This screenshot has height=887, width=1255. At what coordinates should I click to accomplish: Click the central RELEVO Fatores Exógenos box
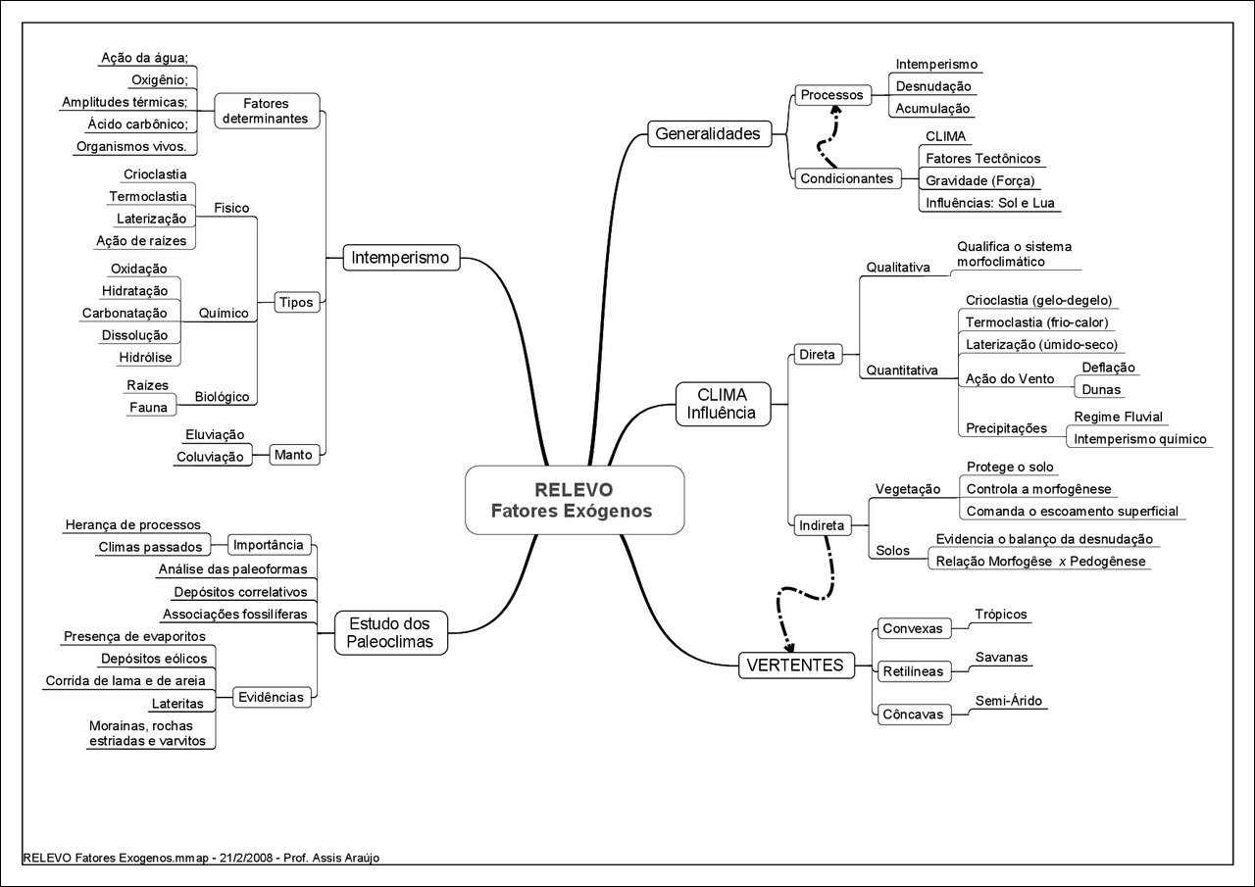[x=574, y=500]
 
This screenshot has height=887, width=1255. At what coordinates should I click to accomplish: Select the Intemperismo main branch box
[x=400, y=259]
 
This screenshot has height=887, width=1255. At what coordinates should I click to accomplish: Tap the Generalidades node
[x=708, y=133]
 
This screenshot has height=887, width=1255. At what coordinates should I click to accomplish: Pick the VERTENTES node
[x=794, y=665]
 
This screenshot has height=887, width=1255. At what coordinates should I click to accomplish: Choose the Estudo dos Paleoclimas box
[x=390, y=632]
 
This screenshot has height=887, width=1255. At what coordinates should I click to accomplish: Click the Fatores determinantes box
[x=265, y=110]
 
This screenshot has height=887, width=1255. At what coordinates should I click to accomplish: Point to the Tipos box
[x=295, y=302]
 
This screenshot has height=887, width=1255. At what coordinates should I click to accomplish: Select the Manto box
[x=293, y=455]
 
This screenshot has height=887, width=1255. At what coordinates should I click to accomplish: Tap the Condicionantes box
[x=847, y=178]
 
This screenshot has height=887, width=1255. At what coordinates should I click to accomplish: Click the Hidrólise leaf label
[x=145, y=358]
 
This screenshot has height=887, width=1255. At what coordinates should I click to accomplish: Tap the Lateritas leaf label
[x=177, y=704]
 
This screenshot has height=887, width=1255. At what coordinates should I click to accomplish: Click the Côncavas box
[x=912, y=715]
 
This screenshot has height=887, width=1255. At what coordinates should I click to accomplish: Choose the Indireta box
[x=822, y=525]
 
